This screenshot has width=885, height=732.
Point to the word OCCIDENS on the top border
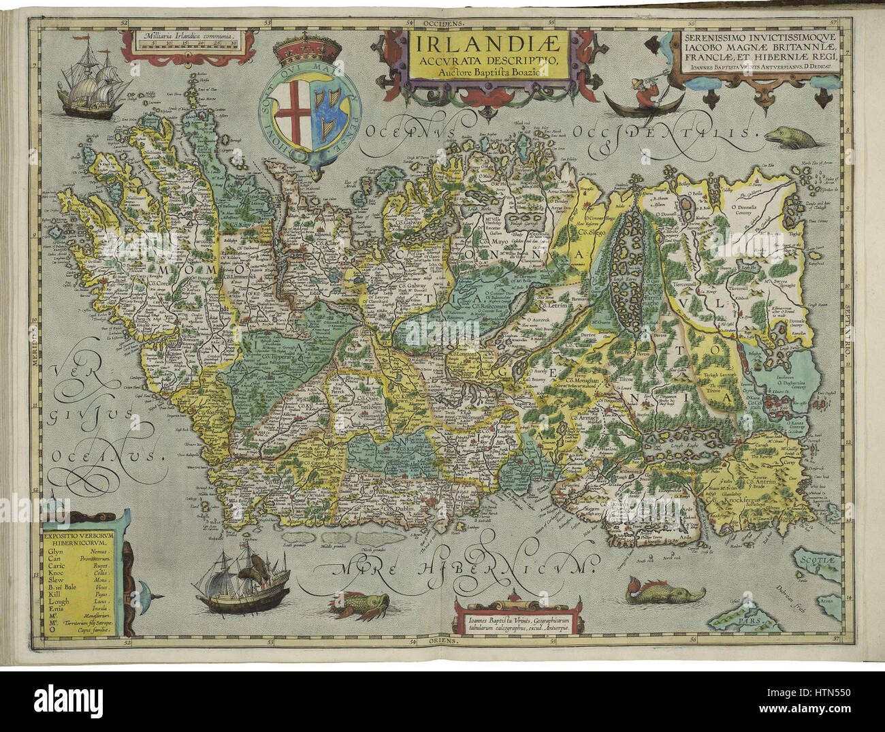click(x=442, y=22)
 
